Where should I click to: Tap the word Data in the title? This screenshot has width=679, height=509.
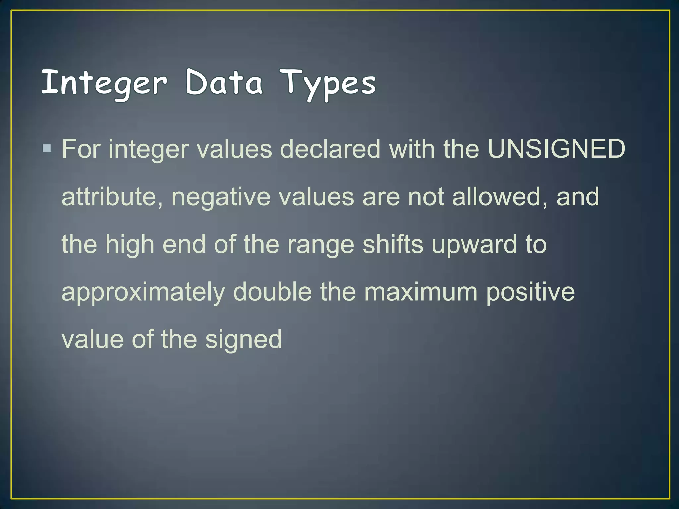coord(223,82)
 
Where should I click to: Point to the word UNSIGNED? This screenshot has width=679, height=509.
coord(556,149)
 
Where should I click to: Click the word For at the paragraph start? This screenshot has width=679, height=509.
coord(81,149)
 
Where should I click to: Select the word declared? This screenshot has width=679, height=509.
coord(330,149)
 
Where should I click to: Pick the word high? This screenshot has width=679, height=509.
coord(130,245)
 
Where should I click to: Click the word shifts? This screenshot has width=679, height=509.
coord(393,244)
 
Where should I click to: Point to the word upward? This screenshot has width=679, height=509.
coord(474,245)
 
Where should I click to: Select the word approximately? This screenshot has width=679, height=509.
coord(143,292)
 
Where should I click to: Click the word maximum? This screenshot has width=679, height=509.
coord(421,292)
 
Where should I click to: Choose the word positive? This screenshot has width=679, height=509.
coord(530,292)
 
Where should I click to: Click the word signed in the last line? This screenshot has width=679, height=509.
coord(243,340)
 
